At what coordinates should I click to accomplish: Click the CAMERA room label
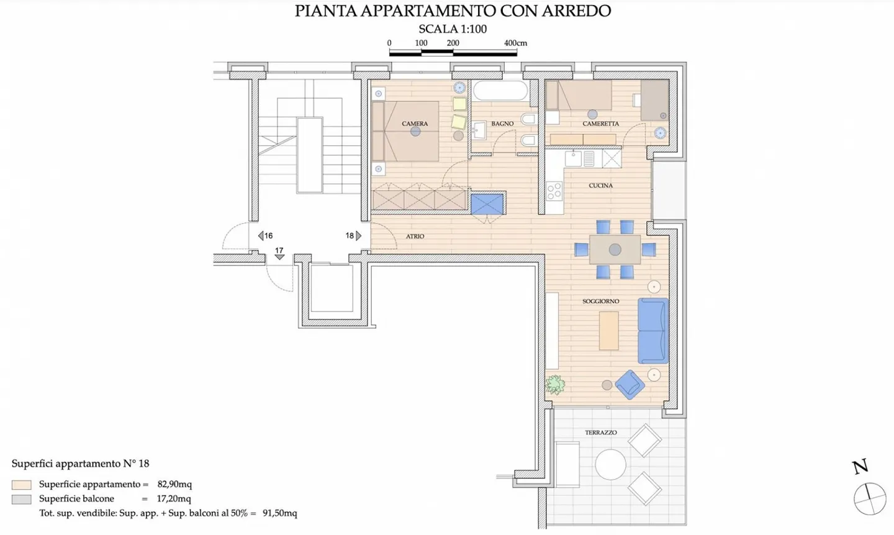tap(415, 124)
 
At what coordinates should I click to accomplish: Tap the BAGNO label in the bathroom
tap(502, 124)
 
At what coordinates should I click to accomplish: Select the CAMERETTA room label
tap(600, 124)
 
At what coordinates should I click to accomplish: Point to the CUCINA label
tap(600, 185)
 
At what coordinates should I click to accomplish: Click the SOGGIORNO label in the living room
tap(600, 301)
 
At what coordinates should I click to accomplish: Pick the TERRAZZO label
tap(600, 432)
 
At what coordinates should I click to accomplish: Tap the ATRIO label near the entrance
tap(415, 236)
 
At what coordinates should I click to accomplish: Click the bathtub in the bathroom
tap(500, 91)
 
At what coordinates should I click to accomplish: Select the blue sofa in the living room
tap(653, 331)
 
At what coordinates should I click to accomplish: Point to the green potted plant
tap(555, 385)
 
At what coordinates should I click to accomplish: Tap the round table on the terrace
tap(610, 464)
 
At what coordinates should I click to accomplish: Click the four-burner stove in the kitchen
tap(554, 190)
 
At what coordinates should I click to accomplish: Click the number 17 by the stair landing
tap(279, 250)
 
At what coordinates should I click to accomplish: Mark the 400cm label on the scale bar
tap(515, 43)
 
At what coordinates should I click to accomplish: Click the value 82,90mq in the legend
tap(174, 484)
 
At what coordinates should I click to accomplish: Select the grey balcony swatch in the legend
tap(21, 499)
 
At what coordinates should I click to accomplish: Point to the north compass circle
tap(869, 498)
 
